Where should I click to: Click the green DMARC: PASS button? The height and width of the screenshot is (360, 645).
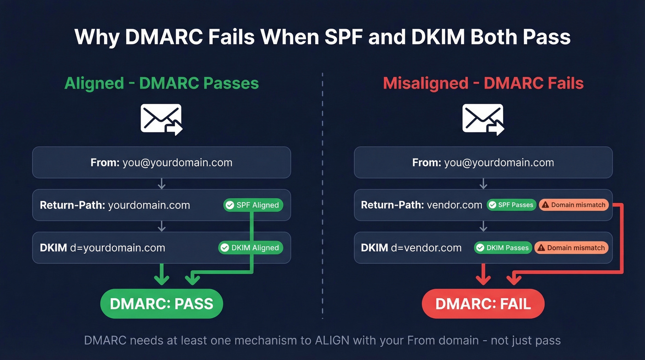[x=161, y=304]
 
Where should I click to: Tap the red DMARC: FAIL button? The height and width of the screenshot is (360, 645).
[x=483, y=304]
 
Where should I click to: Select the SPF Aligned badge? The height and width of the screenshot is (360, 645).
[x=253, y=205]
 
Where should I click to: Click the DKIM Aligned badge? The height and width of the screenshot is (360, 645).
[x=250, y=248]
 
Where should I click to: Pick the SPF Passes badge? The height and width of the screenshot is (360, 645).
[x=511, y=205]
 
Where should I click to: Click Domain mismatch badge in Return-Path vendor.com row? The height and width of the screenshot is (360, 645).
[x=574, y=205]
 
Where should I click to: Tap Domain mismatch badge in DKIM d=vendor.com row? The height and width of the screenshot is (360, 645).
[x=571, y=248]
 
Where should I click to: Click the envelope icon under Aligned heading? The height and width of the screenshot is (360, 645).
[x=161, y=119]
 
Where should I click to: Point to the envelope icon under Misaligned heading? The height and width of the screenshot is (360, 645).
[x=483, y=119]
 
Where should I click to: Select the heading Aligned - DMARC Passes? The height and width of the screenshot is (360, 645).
[x=161, y=83]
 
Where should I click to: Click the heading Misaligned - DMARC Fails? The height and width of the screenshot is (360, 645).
[x=483, y=83]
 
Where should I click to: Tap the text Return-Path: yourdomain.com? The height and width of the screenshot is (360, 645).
[x=115, y=205]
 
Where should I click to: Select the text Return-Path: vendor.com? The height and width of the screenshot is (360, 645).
[x=421, y=205]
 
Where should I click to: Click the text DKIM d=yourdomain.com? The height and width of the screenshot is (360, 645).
[x=102, y=248]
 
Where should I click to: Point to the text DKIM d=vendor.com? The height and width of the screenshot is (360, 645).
[x=411, y=248]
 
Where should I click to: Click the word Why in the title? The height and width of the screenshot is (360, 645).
[x=96, y=37]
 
